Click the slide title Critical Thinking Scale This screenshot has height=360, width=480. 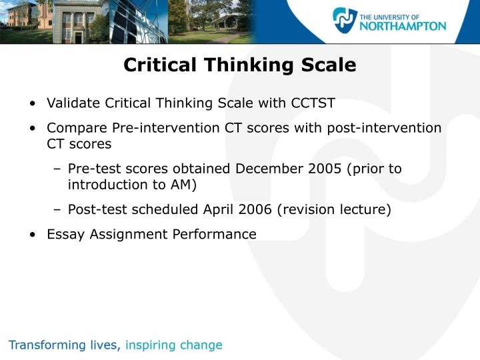click(240, 65)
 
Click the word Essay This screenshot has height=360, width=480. click(63, 234)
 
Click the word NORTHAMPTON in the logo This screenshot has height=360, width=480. click(403, 26)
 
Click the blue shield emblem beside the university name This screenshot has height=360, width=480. click(345, 21)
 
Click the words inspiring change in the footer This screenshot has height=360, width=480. click(174, 345)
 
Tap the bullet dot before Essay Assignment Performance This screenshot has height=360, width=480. click(33, 235)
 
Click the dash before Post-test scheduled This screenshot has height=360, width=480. click(57, 210)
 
